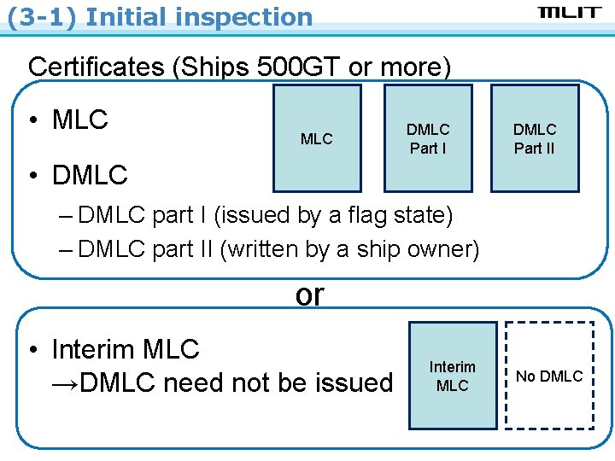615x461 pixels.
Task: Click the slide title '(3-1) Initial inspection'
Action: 160,16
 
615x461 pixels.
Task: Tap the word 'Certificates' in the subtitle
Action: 97,67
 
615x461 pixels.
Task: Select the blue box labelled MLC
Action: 317,138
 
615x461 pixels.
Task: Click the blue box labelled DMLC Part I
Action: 428,138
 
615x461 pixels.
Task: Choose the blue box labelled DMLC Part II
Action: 535,138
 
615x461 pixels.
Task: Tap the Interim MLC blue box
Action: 453,376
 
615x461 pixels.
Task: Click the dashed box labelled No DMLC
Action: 550,376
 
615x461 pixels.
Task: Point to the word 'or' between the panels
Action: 309,295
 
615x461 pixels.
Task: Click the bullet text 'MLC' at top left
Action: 80,120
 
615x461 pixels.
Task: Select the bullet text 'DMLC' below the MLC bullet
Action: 90,176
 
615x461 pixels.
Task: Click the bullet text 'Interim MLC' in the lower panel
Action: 126,349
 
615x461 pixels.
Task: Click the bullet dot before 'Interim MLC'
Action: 32,350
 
